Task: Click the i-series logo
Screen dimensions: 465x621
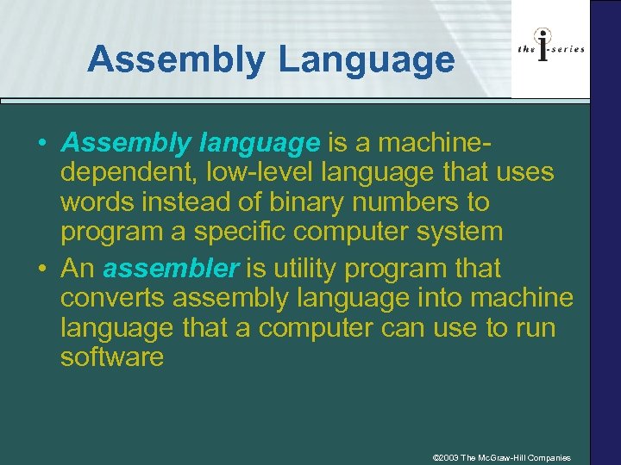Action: (x=551, y=49)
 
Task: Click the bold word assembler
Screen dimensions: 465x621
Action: (x=170, y=269)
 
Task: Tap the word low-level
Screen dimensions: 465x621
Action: (x=261, y=173)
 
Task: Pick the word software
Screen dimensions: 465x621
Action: (x=111, y=356)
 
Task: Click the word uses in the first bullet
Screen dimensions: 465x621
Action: (x=524, y=173)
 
